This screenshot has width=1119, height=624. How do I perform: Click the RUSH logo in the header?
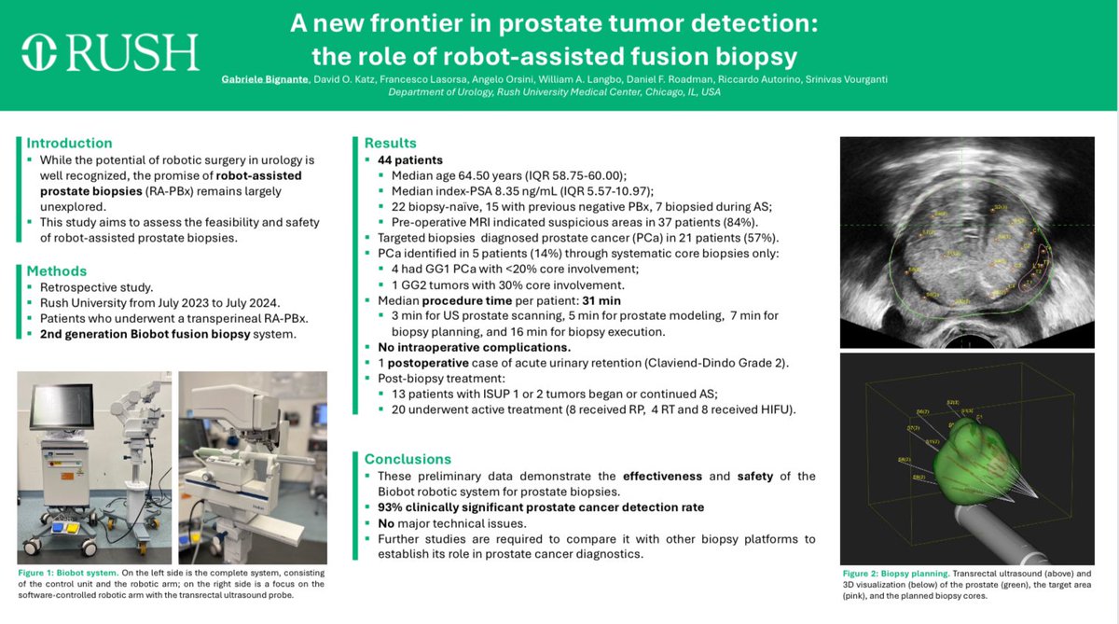click(111, 52)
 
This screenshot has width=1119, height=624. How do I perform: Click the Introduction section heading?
click(69, 144)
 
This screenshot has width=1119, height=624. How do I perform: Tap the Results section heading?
click(390, 144)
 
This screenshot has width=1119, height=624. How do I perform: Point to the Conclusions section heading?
click(408, 459)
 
